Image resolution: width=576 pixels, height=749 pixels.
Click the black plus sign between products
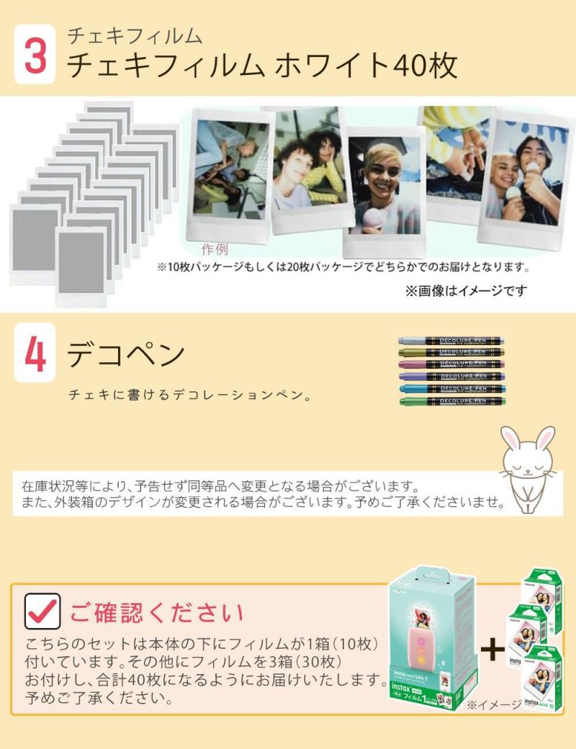pyautogui.click(x=493, y=650)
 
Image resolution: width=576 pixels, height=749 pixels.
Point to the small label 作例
pyautogui.click(x=215, y=250)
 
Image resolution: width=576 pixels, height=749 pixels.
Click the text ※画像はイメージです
pyautogui.click(x=466, y=291)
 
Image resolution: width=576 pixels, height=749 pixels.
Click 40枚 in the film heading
pyautogui.click(x=425, y=65)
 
